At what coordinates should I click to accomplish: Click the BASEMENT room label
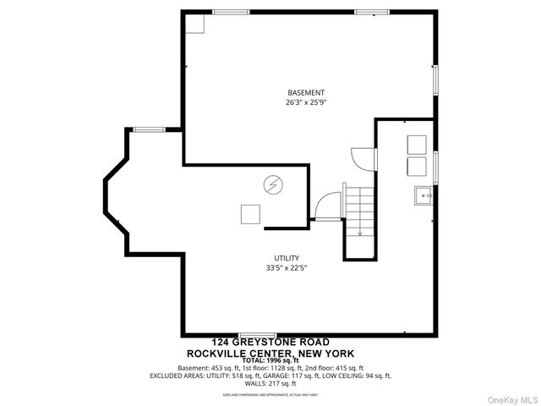[x=305, y=92]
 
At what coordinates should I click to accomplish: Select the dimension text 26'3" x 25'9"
[x=305, y=102]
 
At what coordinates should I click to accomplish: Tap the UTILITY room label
[x=286, y=258]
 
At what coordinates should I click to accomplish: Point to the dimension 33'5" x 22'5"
[x=286, y=269]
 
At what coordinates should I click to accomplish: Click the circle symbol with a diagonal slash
[x=274, y=184]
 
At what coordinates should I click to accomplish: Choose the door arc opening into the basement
[x=363, y=156]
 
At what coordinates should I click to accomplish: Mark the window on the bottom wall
[x=257, y=336]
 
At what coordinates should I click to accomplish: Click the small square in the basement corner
[x=196, y=23]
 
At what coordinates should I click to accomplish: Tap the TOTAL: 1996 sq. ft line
[x=270, y=360]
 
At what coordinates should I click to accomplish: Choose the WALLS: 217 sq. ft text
[x=270, y=383]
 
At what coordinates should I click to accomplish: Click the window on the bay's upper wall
[x=149, y=129]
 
